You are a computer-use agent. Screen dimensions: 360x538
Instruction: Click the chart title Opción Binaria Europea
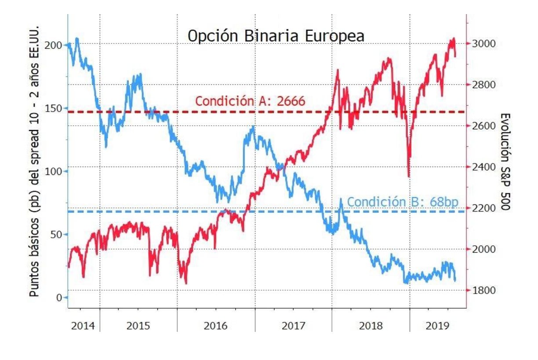276,36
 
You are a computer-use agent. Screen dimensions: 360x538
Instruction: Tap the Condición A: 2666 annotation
250,101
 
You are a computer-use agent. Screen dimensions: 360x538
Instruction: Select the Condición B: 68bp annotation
403,202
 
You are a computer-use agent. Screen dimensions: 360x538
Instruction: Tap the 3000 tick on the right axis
483,44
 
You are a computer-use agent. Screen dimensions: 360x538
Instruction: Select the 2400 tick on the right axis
483,167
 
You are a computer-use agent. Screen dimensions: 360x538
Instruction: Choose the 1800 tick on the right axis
483,290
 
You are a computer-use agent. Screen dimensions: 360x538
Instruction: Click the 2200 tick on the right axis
483,208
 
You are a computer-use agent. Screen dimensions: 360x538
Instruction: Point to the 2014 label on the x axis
83,326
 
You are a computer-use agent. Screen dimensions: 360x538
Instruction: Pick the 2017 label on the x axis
293,326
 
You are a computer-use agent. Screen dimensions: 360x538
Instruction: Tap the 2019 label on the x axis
437,326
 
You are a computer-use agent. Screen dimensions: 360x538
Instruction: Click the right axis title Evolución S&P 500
505,161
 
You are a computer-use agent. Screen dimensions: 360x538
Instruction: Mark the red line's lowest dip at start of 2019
409,176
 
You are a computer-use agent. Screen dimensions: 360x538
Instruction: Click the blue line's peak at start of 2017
253,127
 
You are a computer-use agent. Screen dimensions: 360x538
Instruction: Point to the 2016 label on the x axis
216,326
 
